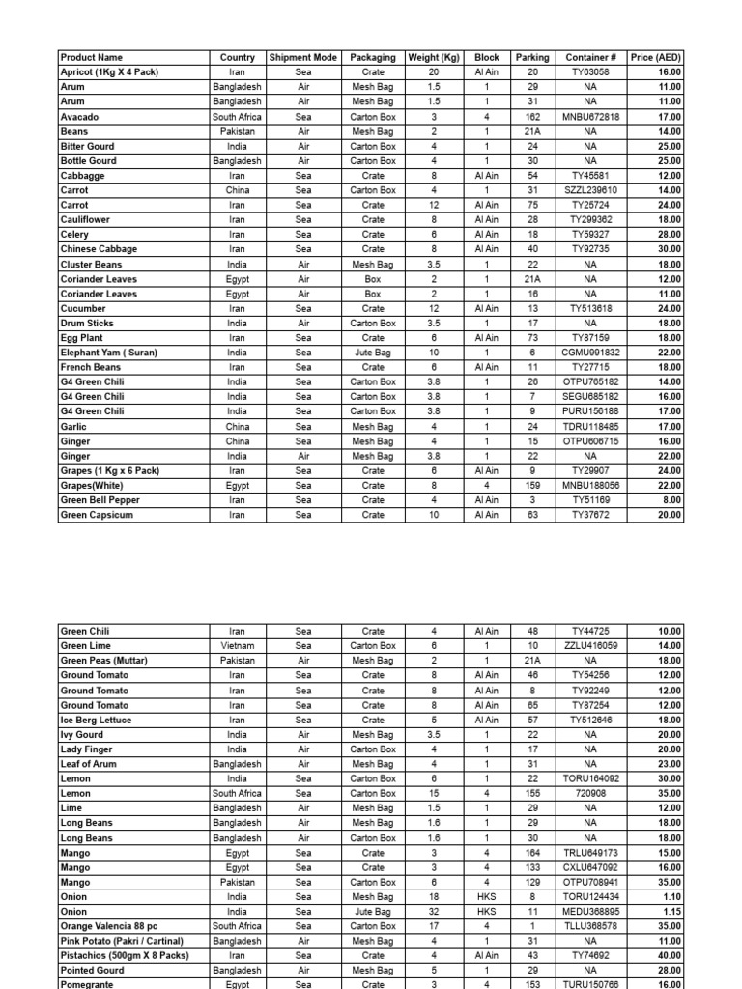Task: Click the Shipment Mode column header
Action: [x=303, y=58]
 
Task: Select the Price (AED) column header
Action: [x=656, y=58]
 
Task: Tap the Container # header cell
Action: [x=591, y=58]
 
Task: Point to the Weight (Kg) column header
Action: [x=434, y=58]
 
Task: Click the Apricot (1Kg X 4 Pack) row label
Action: [x=109, y=72]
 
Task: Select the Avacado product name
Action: [x=79, y=117]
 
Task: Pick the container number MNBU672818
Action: [x=591, y=117]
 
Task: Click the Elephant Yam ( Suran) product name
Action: [x=108, y=353]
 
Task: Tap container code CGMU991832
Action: [x=591, y=353]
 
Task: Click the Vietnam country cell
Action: [x=237, y=646]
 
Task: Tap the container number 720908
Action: [x=591, y=793]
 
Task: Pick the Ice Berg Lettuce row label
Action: [x=95, y=720]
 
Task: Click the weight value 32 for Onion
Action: [x=434, y=911]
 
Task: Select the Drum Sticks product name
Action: [x=87, y=324]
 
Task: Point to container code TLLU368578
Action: [x=591, y=926]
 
